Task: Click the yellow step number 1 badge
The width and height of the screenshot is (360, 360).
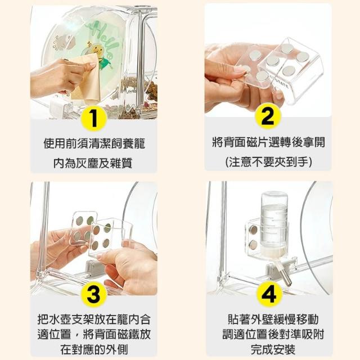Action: coord(94,119)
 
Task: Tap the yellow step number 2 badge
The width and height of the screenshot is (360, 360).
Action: coord(268,116)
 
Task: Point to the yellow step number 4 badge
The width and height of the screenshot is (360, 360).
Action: coord(269,294)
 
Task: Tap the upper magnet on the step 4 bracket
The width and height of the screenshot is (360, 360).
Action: coord(254,229)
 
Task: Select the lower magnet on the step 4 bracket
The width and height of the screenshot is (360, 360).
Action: coord(253,245)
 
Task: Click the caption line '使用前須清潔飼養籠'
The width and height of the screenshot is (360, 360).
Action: coord(94,144)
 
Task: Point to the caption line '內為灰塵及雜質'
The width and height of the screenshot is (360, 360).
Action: coord(93,163)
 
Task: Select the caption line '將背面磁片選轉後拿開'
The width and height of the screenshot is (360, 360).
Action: coord(268,142)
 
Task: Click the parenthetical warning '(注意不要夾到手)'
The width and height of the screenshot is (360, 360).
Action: coord(268,162)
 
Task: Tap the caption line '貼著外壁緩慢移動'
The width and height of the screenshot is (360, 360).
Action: coord(273,319)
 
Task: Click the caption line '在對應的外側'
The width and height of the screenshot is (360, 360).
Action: coord(94,350)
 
